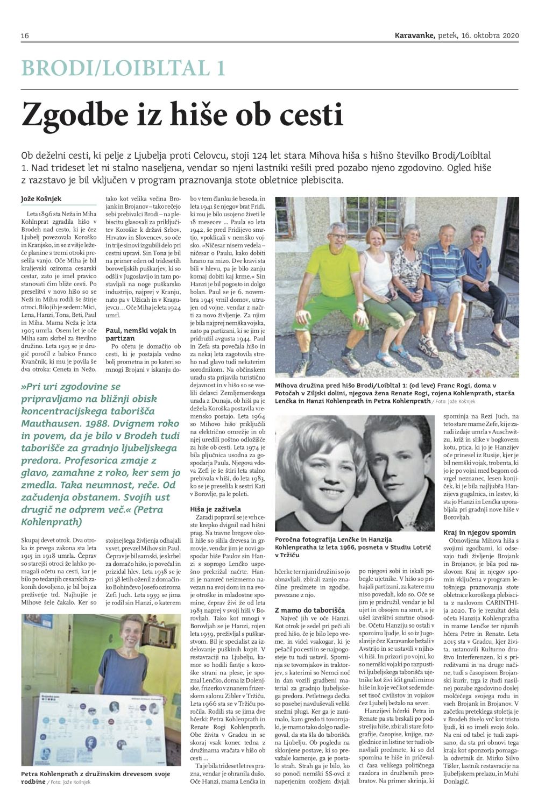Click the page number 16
[x=25, y=35]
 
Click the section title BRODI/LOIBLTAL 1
[x=123, y=68]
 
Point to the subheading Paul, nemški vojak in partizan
[x=140, y=334]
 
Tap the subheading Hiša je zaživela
[x=216, y=509]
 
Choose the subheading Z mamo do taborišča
[x=310, y=611]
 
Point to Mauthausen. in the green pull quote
[x=54, y=423]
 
